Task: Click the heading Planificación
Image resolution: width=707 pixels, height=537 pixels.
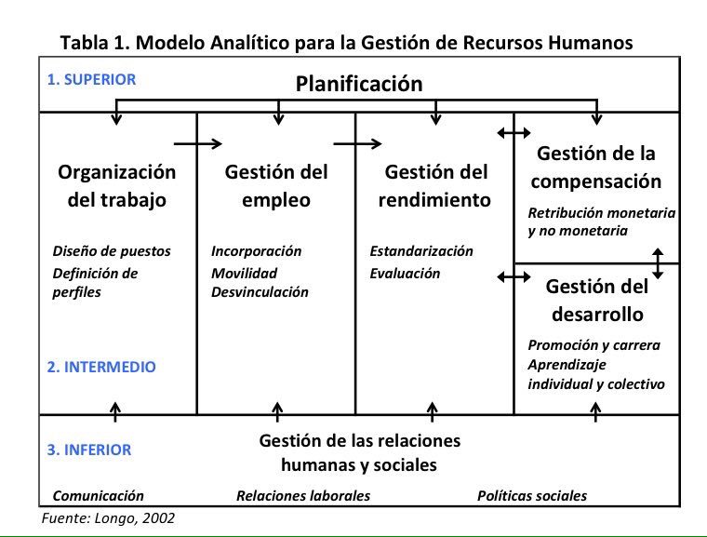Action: [359, 84]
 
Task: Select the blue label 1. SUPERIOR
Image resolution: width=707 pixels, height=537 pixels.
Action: [91, 79]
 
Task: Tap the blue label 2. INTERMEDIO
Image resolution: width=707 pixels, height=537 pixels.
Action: [101, 368]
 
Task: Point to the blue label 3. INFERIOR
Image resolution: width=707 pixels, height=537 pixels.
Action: [89, 450]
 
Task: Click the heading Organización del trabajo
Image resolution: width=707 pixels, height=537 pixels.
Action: [116, 185]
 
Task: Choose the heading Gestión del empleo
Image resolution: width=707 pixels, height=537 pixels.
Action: [275, 185]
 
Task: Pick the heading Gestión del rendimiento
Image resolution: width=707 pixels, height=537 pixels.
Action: [436, 185]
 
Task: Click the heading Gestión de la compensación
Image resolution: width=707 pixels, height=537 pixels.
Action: [596, 167]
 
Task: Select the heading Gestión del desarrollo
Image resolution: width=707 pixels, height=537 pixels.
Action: [596, 300]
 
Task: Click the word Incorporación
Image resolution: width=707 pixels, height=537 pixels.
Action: [257, 251]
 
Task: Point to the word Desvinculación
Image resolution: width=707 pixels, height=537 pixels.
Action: [260, 291]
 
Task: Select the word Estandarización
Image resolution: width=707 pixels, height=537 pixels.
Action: [421, 251]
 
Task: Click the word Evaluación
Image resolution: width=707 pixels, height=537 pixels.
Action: [405, 274]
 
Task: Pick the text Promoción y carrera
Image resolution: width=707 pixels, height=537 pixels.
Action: [594, 345]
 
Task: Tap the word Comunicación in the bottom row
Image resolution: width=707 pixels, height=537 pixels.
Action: [99, 496]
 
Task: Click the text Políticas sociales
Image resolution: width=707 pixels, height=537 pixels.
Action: [532, 496]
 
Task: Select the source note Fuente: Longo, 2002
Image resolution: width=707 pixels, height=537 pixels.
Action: [109, 518]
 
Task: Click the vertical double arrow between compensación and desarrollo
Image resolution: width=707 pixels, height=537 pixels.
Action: [658, 263]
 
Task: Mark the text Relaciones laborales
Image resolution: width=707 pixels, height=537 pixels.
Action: [303, 496]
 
